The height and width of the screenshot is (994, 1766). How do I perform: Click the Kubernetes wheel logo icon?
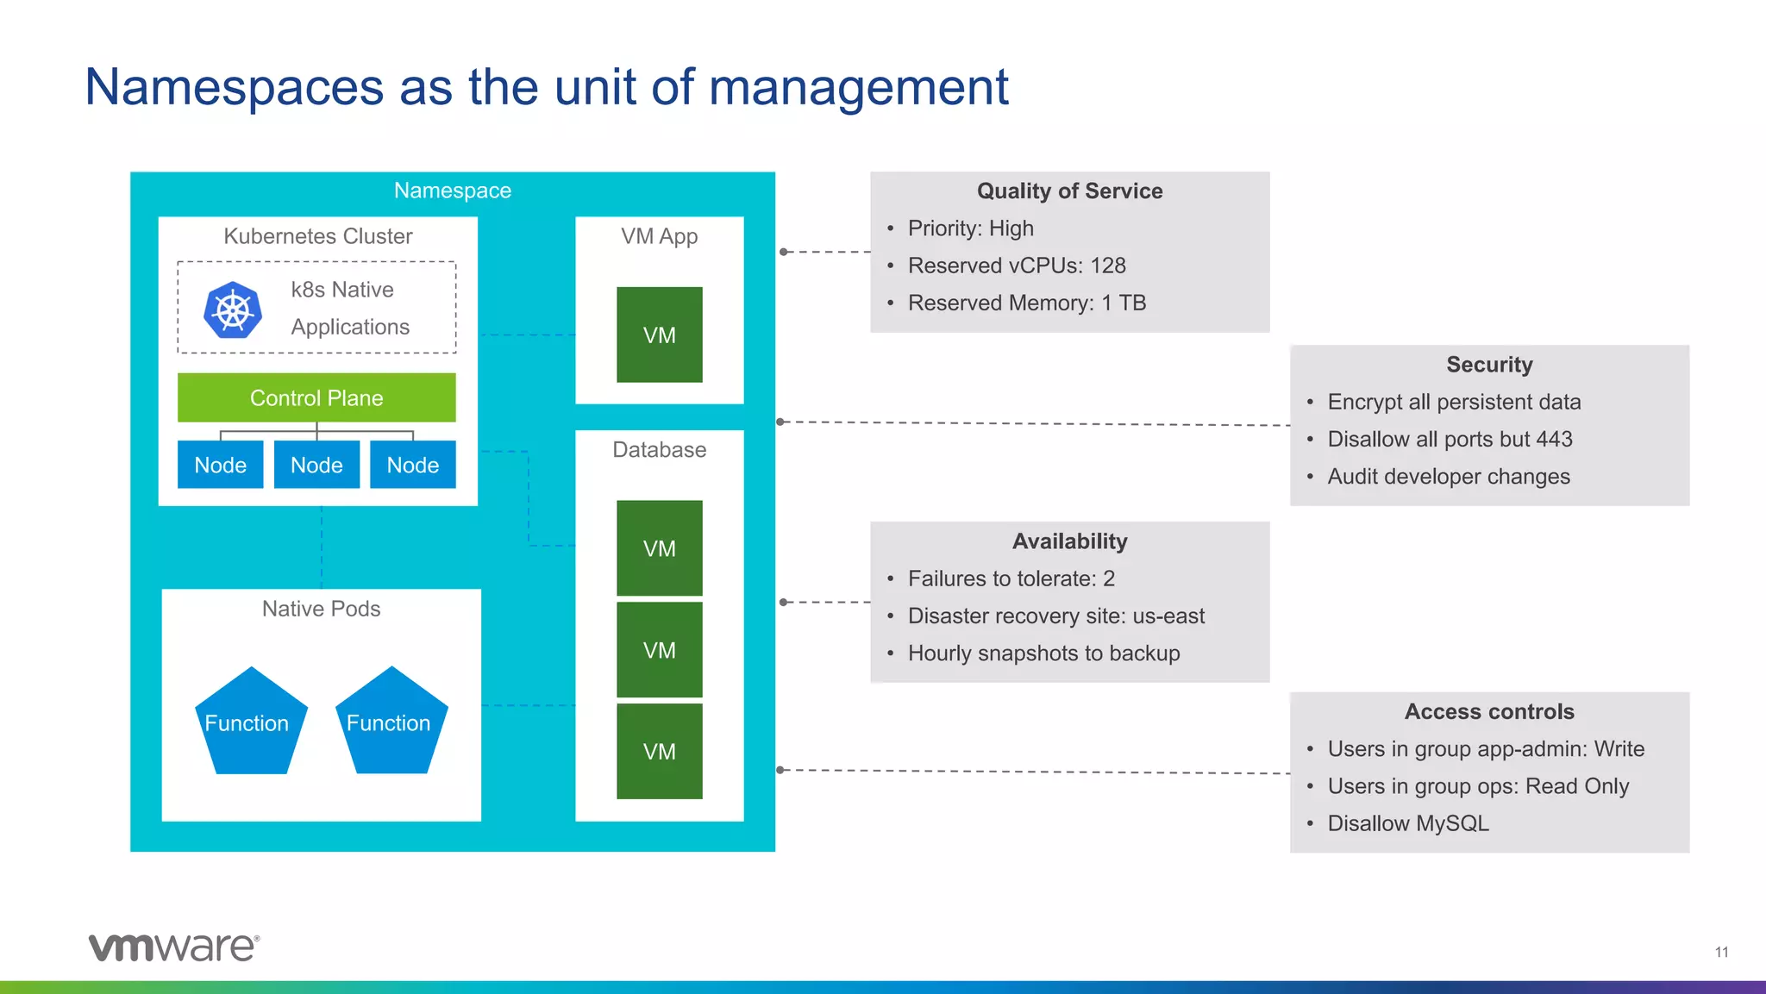233,310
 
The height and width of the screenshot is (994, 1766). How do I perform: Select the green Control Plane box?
316,397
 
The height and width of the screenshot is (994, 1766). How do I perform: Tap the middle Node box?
316,465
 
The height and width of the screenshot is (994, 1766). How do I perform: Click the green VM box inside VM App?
659,334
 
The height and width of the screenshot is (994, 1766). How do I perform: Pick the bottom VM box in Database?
659,751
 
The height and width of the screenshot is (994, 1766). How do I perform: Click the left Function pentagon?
247,722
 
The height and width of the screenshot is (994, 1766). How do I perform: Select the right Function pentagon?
389,722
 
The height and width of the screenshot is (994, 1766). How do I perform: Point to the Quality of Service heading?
1069,191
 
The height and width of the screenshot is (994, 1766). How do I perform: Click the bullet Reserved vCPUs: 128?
1016,266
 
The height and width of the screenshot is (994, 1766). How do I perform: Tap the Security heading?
1489,365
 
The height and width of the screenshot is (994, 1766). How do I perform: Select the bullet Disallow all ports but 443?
1450,439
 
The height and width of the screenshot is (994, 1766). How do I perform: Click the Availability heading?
1069,541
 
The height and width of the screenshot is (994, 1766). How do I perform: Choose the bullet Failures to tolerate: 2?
1011,578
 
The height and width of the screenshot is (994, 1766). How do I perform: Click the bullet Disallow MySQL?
1407,823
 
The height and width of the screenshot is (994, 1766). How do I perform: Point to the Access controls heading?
1489,711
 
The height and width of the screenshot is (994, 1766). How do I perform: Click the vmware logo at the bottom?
173,947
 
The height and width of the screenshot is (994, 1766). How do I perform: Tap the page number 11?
1721,952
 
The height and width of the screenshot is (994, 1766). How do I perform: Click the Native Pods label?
321,609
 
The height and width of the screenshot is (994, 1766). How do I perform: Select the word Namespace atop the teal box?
452,191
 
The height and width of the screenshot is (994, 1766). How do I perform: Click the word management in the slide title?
858,88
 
